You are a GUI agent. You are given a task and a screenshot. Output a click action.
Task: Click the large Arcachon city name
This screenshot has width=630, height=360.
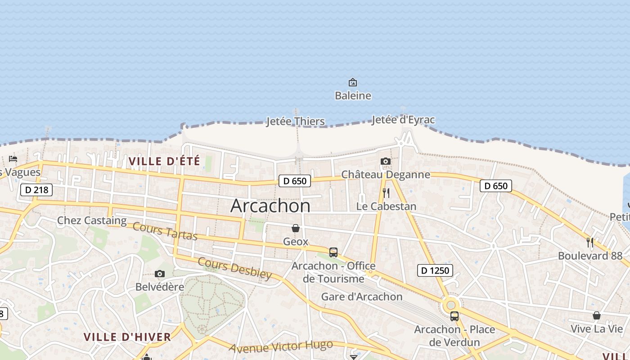(270, 206)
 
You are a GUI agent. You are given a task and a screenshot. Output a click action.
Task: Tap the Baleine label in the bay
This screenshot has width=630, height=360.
(353, 95)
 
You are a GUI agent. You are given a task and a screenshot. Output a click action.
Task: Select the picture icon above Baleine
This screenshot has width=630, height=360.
(353, 82)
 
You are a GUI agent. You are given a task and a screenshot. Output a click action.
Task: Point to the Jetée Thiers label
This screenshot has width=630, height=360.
(295, 121)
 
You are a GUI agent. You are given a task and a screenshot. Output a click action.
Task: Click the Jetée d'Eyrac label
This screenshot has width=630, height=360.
(403, 120)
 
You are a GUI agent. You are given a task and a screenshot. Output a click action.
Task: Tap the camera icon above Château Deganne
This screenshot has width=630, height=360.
(386, 161)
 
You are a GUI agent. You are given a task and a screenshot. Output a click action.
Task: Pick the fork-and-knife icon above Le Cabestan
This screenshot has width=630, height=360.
(386, 193)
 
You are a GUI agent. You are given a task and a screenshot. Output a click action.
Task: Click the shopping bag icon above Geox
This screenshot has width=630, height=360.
(296, 229)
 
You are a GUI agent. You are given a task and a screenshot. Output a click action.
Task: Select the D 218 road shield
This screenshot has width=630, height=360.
(36, 190)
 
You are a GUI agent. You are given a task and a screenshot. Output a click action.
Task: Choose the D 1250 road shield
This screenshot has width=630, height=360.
(435, 270)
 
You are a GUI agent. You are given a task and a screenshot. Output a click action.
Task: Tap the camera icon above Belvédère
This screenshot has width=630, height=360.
(159, 274)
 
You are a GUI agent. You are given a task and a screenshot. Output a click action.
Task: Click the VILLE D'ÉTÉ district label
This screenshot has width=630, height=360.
(164, 161)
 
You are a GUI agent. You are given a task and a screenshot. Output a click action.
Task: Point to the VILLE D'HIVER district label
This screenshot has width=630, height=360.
(127, 337)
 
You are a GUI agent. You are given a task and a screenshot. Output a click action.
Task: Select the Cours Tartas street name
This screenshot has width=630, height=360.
(165, 231)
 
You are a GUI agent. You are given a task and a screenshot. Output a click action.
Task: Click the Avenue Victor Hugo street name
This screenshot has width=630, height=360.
(281, 346)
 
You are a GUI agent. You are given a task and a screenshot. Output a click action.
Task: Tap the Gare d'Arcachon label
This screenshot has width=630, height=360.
(361, 297)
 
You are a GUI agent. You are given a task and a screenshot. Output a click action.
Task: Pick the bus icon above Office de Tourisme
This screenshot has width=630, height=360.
(333, 252)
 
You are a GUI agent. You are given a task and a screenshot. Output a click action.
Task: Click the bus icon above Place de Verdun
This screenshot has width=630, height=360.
(454, 316)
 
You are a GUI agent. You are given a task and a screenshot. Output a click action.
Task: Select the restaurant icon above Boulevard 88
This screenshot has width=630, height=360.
(590, 243)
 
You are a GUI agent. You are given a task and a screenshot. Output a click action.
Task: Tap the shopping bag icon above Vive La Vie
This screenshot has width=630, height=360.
(596, 315)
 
